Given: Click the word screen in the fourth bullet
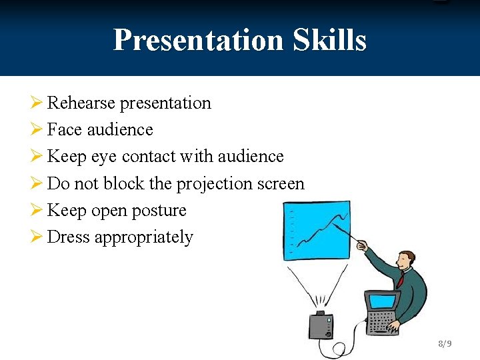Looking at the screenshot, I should point(281,184).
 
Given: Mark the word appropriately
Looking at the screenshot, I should point(144,238).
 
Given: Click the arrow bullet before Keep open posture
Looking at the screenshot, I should point(36,210).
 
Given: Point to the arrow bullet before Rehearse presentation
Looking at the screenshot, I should point(36,103).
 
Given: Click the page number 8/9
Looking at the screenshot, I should point(445,344).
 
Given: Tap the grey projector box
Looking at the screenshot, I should point(320,325).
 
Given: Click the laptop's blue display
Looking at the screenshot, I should point(383,302).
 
